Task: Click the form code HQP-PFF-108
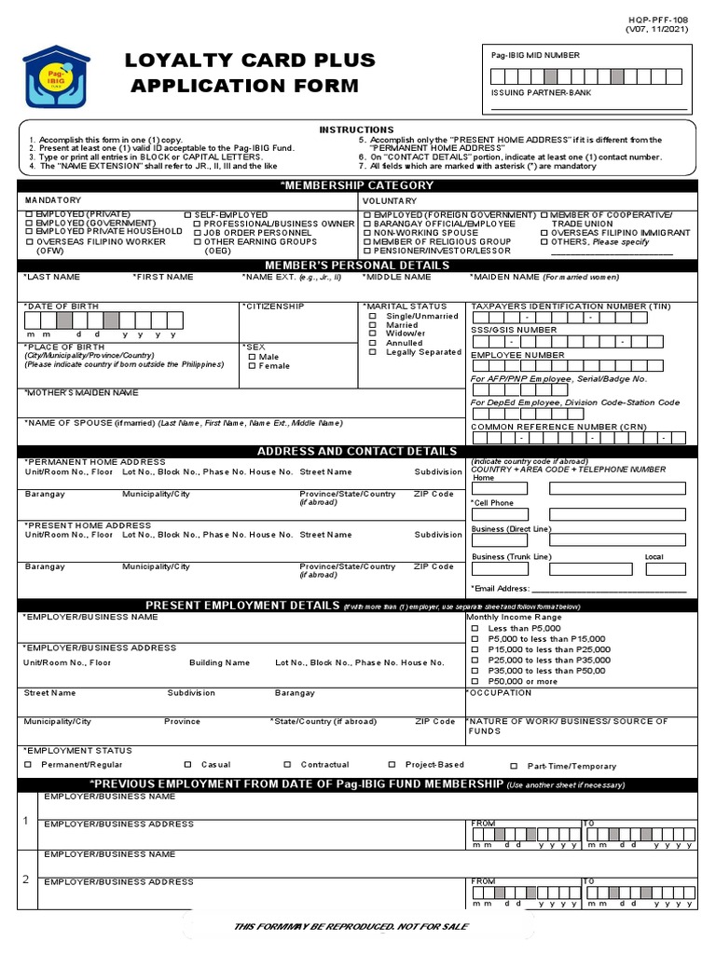[x=660, y=19]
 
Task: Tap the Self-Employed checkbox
[x=188, y=215]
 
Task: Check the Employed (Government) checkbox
[x=29, y=225]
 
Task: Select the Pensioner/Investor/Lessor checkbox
[x=367, y=252]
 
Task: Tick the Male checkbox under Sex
[x=252, y=357]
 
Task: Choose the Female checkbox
[x=252, y=366]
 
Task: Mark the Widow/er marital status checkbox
[x=373, y=334]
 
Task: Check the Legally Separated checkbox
[x=373, y=353]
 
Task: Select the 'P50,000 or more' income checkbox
[x=475, y=681]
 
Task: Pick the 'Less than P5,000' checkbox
[x=475, y=629]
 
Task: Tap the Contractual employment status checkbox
[x=288, y=765]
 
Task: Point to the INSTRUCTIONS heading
[x=357, y=129]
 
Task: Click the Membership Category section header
[x=357, y=185]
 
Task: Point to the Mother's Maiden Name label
[x=81, y=392]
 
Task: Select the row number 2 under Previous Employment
[x=26, y=879]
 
